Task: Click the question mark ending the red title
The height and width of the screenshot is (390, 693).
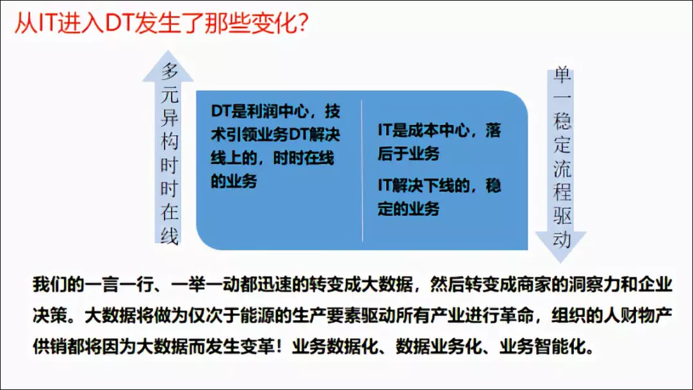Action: click(303, 22)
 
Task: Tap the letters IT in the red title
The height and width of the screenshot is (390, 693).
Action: click(46, 23)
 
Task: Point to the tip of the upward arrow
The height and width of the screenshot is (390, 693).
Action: click(168, 51)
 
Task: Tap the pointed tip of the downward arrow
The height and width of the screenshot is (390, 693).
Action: click(561, 262)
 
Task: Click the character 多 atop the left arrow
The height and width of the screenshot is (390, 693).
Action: click(169, 71)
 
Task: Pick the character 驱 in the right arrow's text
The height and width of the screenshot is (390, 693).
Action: click(562, 216)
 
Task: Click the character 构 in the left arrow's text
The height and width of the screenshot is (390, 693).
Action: click(169, 142)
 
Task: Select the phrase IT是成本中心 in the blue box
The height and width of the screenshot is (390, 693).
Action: click(423, 130)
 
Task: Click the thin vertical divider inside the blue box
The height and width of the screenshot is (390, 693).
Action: click(362, 171)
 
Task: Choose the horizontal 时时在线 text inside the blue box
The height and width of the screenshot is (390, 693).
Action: click(303, 158)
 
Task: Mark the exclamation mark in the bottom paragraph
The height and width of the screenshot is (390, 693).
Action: click(279, 346)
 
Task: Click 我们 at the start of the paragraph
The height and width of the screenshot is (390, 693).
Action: click(49, 284)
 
